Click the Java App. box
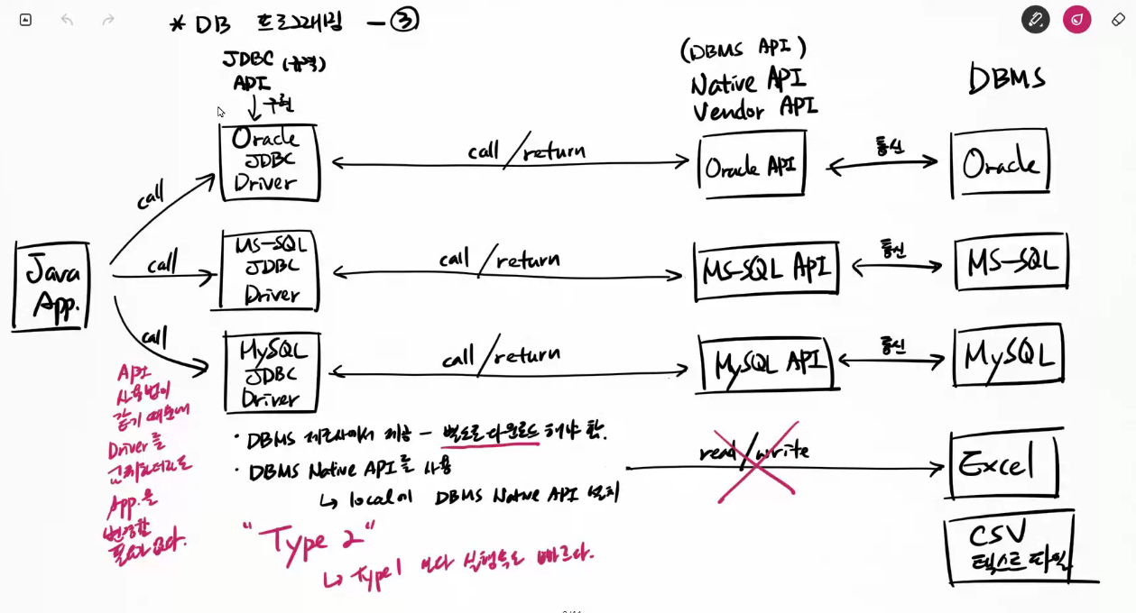(52, 285)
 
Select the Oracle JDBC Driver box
(269, 162)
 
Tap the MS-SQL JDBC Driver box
(269, 270)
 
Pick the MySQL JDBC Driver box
(272, 372)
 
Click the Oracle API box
(752, 164)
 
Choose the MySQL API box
(769, 362)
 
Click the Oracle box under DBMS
(1000, 163)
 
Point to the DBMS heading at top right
(1006, 78)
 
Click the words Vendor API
(754, 110)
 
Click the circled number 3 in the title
(404, 20)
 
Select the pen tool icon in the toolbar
(1035, 19)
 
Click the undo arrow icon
(67, 19)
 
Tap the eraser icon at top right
(1118, 19)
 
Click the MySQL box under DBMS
(1009, 355)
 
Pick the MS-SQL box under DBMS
(1011, 262)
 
